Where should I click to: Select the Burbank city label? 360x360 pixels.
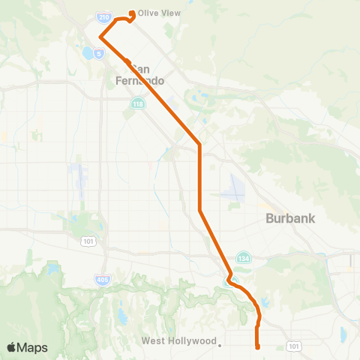coord(290,219)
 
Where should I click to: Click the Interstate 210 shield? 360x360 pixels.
coord(103,16)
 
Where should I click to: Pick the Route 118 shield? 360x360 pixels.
coord(137,103)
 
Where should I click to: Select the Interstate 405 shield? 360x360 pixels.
coord(103,279)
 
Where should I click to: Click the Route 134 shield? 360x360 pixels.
coord(244,256)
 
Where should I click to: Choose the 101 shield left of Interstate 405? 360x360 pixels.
coord(88,241)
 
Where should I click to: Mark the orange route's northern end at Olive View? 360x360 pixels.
coord(133,13)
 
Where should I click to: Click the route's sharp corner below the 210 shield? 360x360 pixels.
coord(100,36)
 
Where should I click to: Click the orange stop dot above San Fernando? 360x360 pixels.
coord(128,62)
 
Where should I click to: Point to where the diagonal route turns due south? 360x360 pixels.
coord(199,143)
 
